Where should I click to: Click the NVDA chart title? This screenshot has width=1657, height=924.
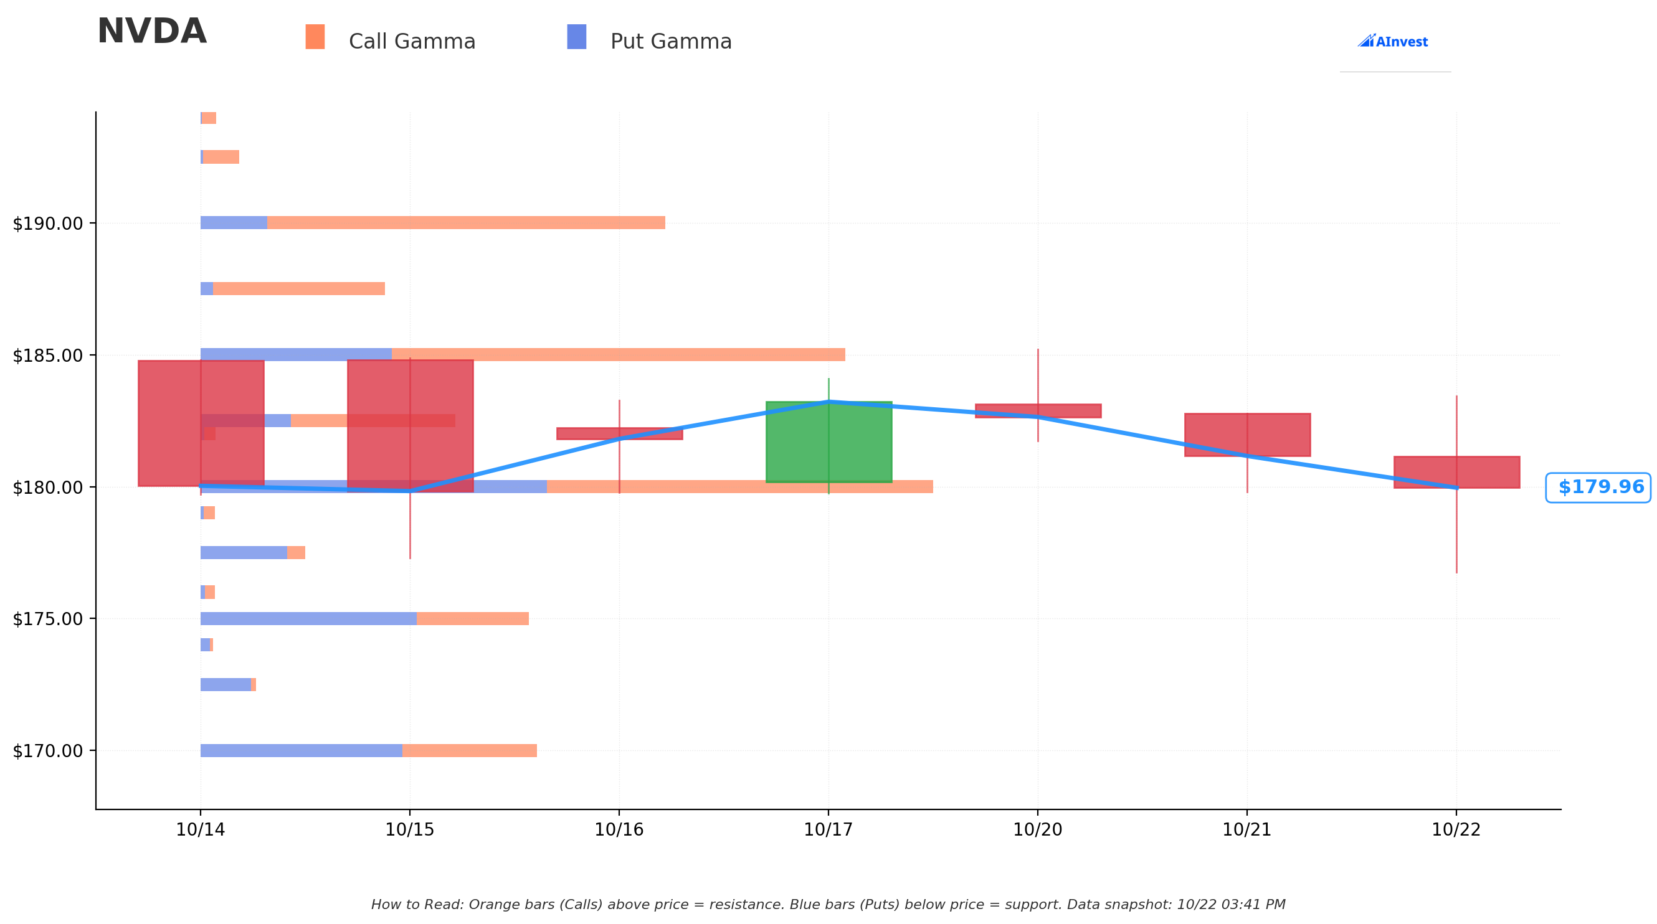(152, 32)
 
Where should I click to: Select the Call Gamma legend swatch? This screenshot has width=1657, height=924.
(315, 37)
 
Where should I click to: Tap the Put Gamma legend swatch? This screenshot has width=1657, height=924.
(576, 37)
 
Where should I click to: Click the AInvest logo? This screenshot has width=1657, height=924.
(1393, 41)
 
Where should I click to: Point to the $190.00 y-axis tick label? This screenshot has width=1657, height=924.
(47, 224)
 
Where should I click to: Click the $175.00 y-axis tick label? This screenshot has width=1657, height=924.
(47, 619)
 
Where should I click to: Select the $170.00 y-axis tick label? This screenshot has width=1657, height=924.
(47, 751)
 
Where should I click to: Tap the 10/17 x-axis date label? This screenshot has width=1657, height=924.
(828, 830)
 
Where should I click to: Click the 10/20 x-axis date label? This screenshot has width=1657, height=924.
(1038, 830)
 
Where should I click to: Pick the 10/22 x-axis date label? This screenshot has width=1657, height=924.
(1456, 830)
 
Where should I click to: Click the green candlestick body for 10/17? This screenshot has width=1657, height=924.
(828, 441)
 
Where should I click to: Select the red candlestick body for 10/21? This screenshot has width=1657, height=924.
(1247, 435)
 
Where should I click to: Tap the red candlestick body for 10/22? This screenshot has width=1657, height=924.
(1456, 472)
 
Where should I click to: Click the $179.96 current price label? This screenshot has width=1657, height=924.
(1598, 488)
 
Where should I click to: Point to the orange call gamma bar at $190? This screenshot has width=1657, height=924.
(467, 222)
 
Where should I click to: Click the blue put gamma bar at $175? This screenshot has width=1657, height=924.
(309, 618)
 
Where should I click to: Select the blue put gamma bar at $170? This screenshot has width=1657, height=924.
(301, 750)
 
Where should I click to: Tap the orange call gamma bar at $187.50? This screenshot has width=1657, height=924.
(299, 289)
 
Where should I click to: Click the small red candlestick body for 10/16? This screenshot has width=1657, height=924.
(619, 433)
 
